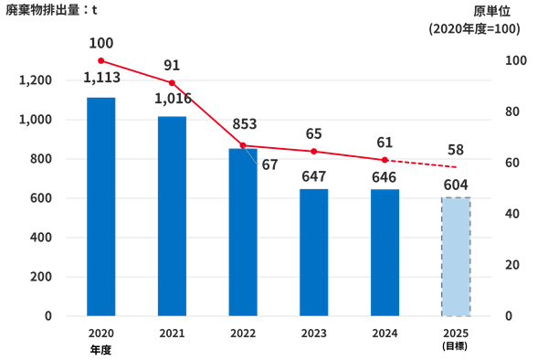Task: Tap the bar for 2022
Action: pos(243,232)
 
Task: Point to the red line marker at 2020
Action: pos(100,60)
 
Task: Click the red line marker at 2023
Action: pos(313,151)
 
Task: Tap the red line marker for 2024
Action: pos(385,160)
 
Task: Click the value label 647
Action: pos(313,176)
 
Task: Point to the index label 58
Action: pos(456,148)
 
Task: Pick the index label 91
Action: pos(172,65)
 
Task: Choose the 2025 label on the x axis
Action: pos(456,334)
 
